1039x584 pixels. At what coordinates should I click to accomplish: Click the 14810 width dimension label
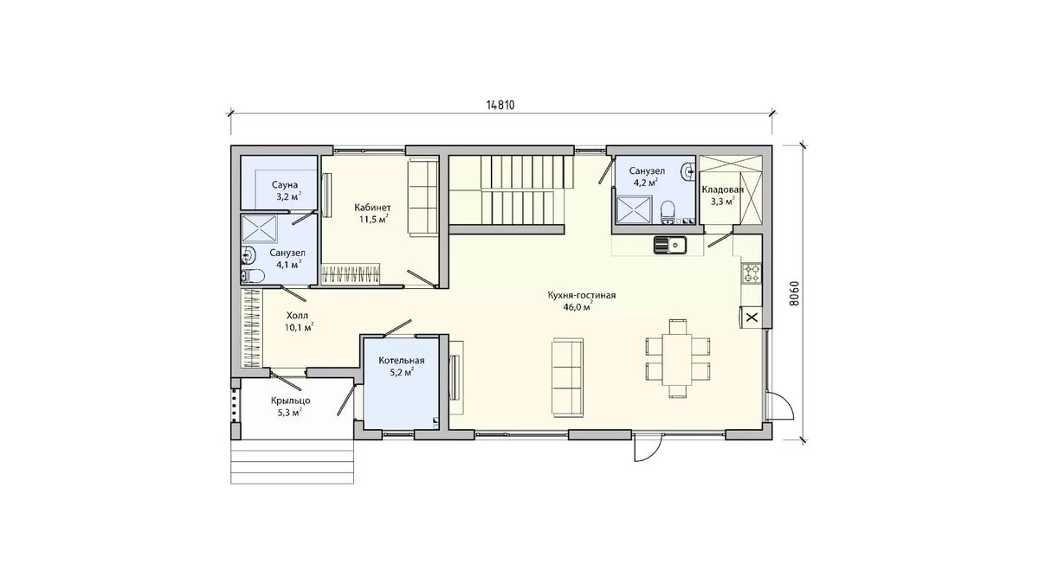[x=500, y=106]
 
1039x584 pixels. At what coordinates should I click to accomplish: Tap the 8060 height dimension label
[x=794, y=294]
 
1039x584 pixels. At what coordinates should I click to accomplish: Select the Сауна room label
[x=285, y=185]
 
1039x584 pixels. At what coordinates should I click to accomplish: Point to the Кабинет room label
[x=372, y=207]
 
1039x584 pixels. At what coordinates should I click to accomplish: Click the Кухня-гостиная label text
[x=582, y=295]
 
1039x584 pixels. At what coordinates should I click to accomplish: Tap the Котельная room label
[x=401, y=361]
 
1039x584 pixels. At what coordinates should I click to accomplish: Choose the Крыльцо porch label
[x=291, y=401]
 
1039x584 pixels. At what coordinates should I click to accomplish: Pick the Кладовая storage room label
[x=722, y=189]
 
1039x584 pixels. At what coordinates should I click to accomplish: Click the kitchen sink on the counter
[x=670, y=244]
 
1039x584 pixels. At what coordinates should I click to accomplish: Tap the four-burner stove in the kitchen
[x=752, y=273]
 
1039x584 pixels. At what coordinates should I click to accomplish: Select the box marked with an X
[x=752, y=318]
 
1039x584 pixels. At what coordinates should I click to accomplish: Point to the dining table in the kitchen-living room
[x=677, y=359]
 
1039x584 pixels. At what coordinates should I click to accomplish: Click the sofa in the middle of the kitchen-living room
[x=567, y=377]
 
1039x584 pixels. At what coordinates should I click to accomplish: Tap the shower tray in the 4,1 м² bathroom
[x=260, y=229]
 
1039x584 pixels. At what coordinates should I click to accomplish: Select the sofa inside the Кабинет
[x=423, y=196]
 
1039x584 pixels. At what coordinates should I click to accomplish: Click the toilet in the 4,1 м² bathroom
[x=253, y=276]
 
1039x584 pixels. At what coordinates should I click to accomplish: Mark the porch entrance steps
[x=293, y=462]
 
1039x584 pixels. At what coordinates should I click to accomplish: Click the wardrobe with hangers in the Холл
[x=252, y=329]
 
